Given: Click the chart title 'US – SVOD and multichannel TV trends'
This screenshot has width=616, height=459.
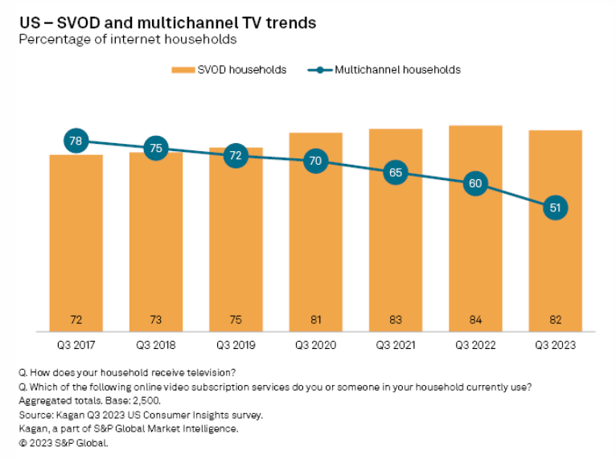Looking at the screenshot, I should [x=167, y=23].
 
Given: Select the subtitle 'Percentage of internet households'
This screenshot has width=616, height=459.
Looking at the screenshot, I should [x=128, y=39].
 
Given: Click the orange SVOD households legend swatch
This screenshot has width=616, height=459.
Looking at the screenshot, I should [x=183, y=70].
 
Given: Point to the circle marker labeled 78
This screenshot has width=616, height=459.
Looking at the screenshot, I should [x=76, y=141].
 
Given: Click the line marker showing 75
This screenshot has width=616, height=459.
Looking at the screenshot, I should [x=156, y=148].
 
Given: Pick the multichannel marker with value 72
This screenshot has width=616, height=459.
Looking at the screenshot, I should [x=236, y=156].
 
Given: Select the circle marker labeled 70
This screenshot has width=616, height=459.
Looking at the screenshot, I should [x=315, y=161].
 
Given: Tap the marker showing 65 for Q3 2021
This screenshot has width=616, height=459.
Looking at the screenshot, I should [x=396, y=172].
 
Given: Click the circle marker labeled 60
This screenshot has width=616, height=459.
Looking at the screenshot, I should [x=475, y=183].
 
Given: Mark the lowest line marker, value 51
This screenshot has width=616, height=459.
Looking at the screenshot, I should [x=555, y=207].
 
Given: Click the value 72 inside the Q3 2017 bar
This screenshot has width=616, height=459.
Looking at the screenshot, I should [x=76, y=320].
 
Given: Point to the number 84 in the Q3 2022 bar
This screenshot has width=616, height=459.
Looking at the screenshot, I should [x=475, y=320].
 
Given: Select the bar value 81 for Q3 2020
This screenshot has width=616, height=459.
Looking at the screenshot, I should [x=315, y=320].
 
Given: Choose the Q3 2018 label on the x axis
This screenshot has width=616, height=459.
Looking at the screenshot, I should [x=156, y=345].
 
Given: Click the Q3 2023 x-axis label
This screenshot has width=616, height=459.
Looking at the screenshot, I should [x=555, y=345].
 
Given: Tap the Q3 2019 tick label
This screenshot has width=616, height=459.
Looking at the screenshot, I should [x=236, y=345].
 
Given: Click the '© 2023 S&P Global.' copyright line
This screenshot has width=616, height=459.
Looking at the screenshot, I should [x=63, y=442].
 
